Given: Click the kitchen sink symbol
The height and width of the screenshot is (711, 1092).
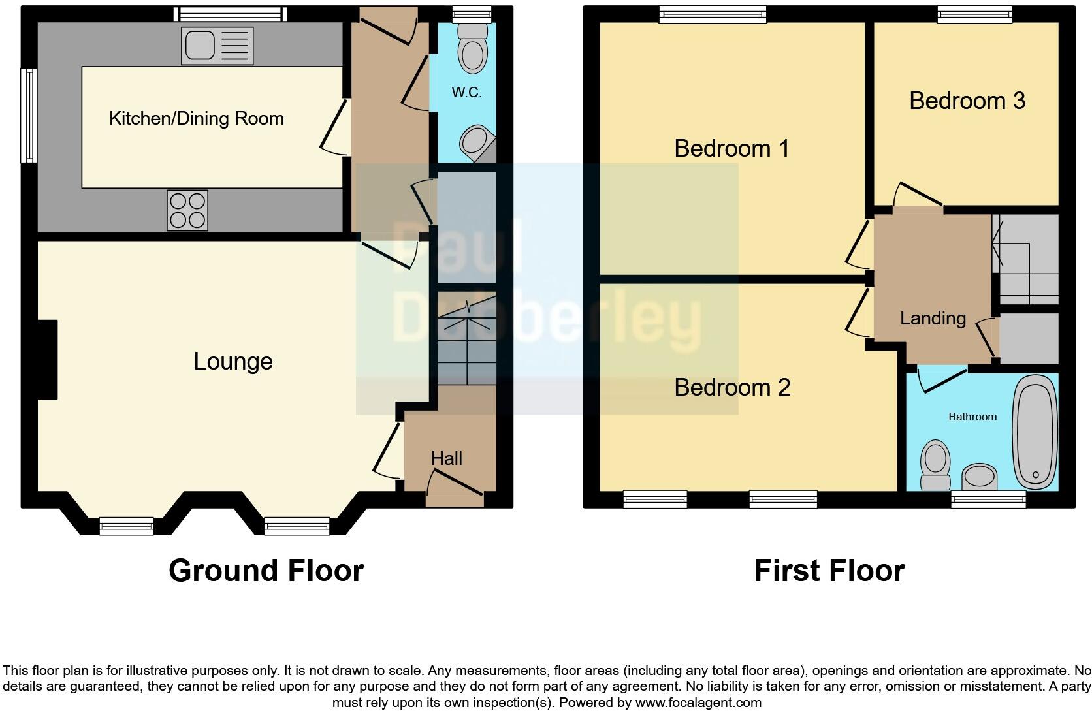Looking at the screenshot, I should [x=217, y=46].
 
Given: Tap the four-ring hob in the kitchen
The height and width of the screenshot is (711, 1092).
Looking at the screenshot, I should [x=187, y=210].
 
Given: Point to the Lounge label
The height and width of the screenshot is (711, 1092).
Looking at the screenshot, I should [x=233, y=361].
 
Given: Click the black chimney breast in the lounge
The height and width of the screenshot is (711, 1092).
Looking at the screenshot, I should [x=48, y=359].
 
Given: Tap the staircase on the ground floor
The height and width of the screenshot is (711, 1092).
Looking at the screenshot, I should [x=466, y=340].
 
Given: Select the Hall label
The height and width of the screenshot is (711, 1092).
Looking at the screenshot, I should [x=447, y=458].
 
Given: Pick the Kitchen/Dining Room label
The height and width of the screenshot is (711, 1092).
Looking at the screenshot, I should [x=196, y=118].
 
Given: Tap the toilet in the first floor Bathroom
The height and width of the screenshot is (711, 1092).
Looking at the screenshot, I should [x=935, y=465].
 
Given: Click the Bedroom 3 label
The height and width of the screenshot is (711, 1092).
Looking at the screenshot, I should [x=967, y=101].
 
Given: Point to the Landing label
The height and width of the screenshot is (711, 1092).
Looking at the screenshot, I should [x=933, y=318].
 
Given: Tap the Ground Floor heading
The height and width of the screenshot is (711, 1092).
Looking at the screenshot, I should [x=266, y=570].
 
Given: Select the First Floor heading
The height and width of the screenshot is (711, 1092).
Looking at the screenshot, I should [x=829, y=570].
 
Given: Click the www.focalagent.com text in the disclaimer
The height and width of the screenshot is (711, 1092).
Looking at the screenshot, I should [x=698, y=703].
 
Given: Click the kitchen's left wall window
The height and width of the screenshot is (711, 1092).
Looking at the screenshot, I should [x=29, y=116].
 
